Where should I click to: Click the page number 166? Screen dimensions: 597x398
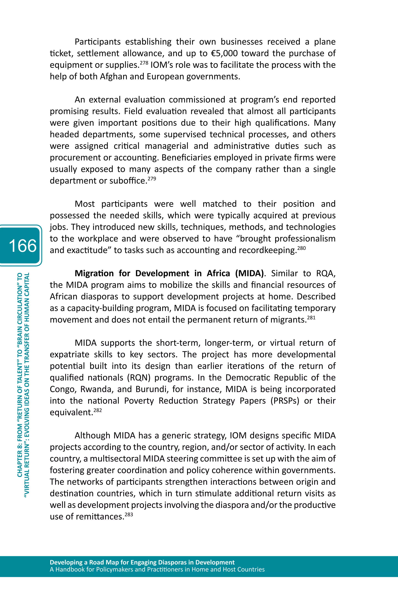tap(23, 245)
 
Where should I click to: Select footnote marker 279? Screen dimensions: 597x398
tap(152, 178)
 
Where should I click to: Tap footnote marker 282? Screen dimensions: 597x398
tap(98, 410)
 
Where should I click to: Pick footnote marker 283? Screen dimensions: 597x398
tap(129, 514)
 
